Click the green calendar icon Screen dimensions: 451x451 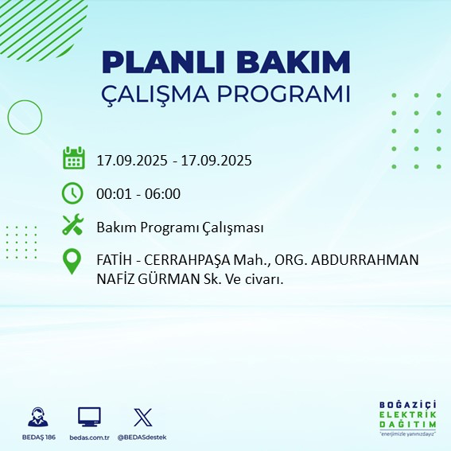click(x=73, y=158)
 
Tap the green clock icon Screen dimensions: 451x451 click(x=72, y=192)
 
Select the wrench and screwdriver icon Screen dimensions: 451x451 click(x=72, y=226)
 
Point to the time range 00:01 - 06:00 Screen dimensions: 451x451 click(x=138, y=193)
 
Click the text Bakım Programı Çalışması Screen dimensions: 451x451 click(x=180, y=227)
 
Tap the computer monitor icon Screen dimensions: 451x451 click(x=89, y=417)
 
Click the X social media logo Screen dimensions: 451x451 click(x=142, y=417)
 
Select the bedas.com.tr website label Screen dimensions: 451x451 click(x=89, y=437)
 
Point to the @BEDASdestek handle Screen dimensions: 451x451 click(x=142, y=437)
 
